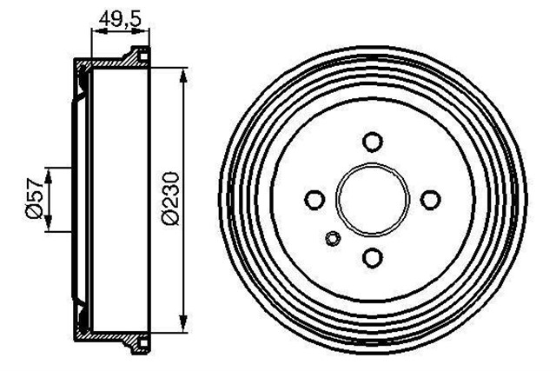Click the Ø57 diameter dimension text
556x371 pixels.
click(x=33, y=199)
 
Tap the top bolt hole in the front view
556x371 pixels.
click(x=372, y=142)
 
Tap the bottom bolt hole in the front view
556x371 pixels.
click(x=372, y=257)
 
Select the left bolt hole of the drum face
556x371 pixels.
click(x=314, y=200)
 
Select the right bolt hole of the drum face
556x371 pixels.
click(x=429, y=200)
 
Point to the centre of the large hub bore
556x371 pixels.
click(x=372, y=200)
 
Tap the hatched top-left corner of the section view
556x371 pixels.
click(x=81, y=68)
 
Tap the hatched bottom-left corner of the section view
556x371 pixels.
click(x=81, y=333)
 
